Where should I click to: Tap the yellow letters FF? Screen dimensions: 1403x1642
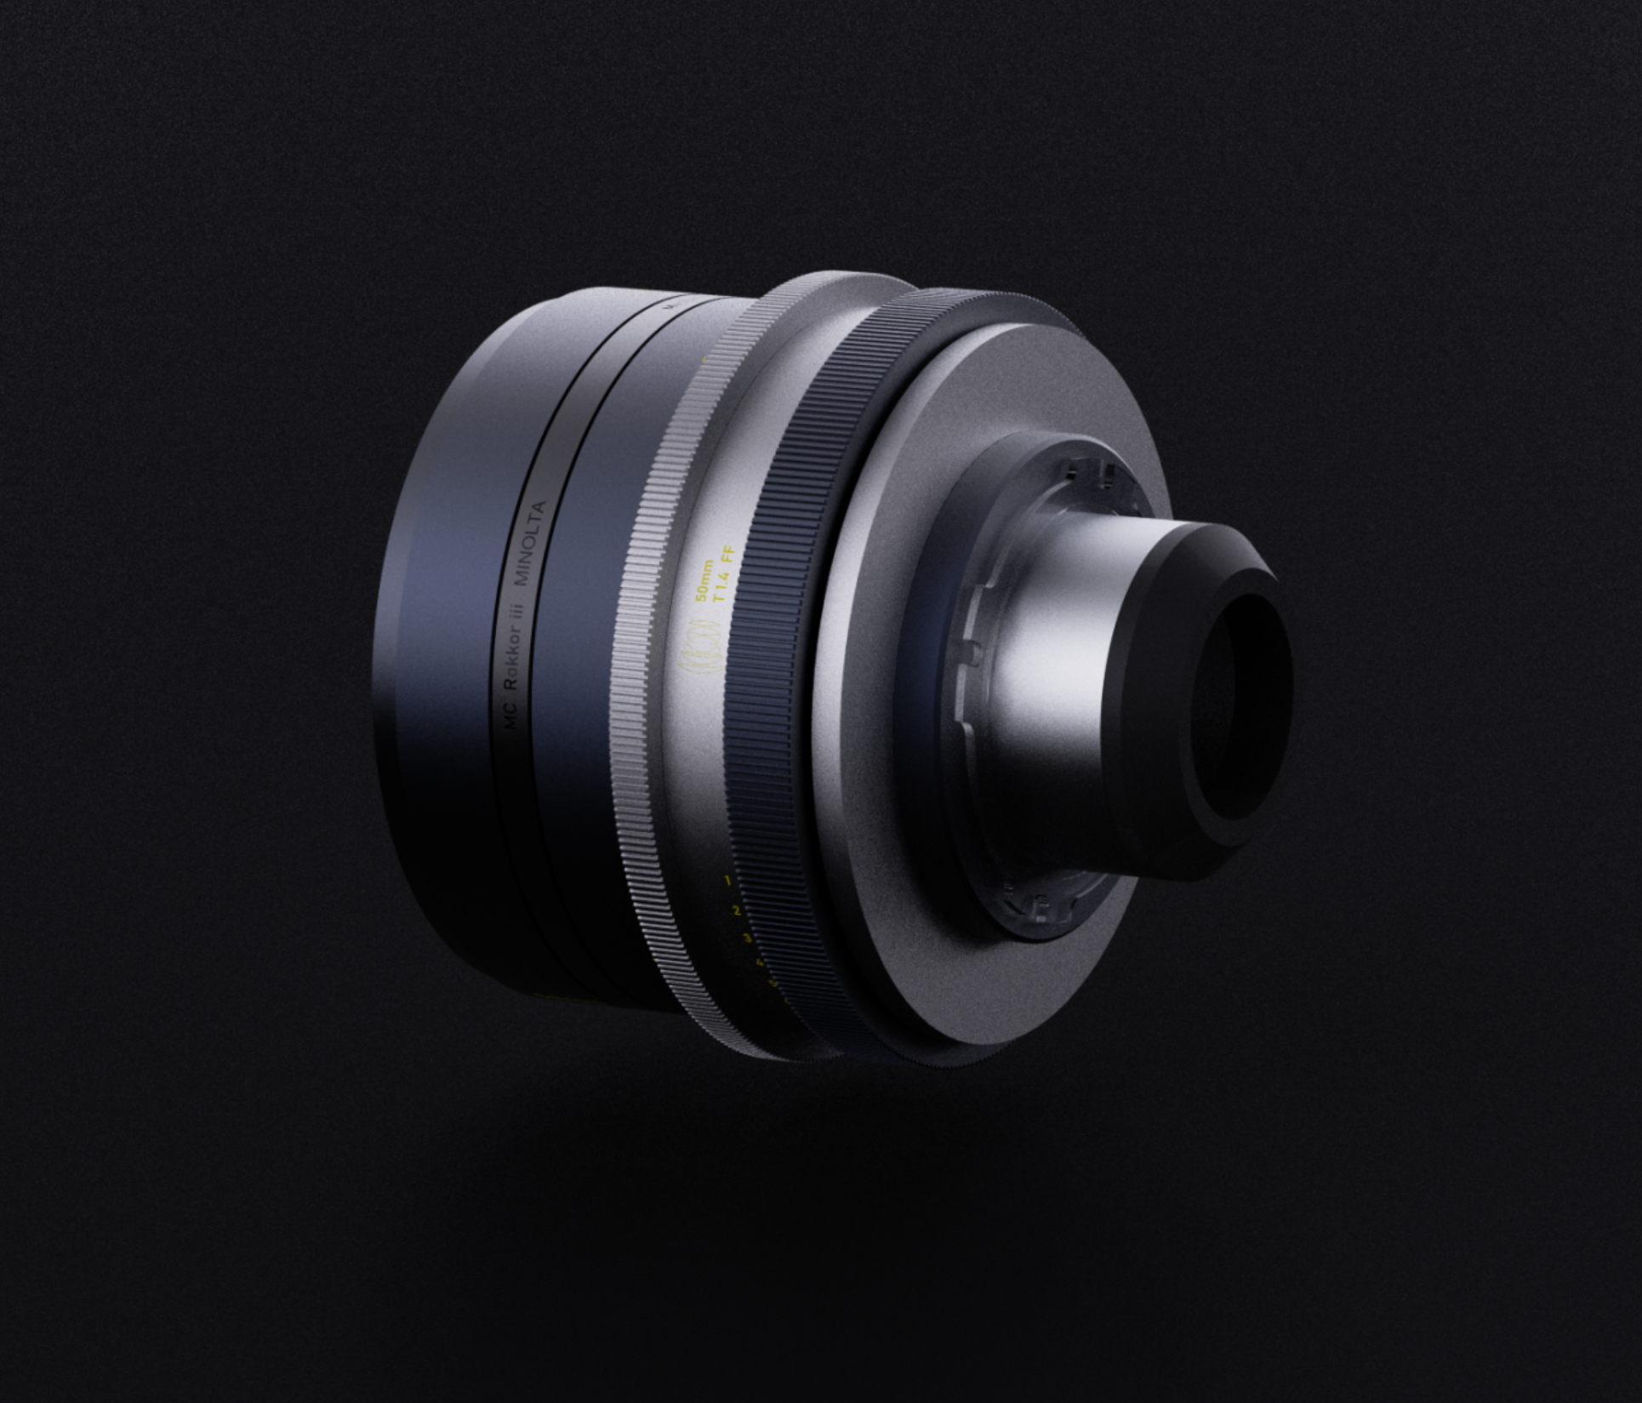[727, 560]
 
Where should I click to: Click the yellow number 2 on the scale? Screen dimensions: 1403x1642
[736, 910]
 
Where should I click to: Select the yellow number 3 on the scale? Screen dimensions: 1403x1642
[747, 938]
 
